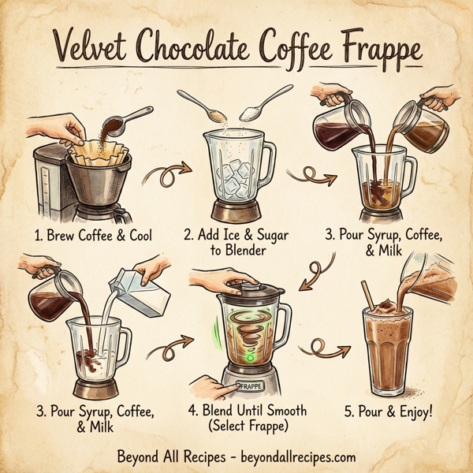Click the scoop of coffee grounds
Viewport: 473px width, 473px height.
(x=113, y=125)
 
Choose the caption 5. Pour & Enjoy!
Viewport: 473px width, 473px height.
(x=388, y=410)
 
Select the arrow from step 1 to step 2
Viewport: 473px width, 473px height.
(x=176, y=168)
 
